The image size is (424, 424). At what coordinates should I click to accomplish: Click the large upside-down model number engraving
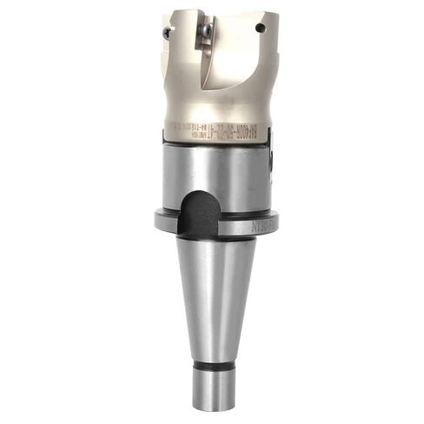[228, 136]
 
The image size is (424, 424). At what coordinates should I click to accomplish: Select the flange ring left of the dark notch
[168, 221]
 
